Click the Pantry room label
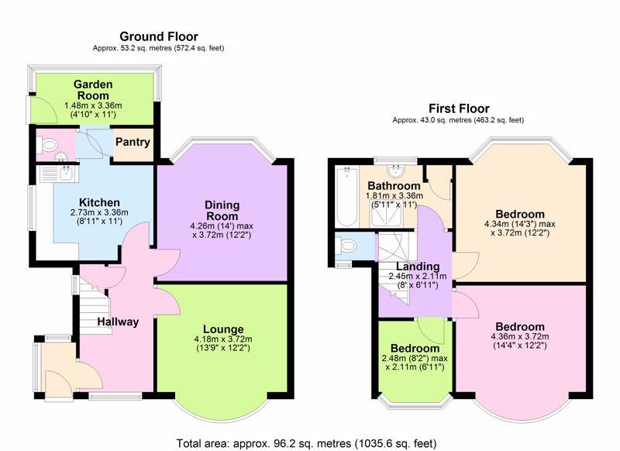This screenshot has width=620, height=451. [133, 142]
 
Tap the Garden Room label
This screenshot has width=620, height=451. [93, 90]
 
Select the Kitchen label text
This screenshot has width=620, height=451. [99, 202]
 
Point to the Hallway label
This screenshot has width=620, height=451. [118, 322]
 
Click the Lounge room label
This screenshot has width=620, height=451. [223, 329]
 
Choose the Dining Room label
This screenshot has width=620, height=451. [222, 211]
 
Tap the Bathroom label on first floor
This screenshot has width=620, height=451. [394, 185]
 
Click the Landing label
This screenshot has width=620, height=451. [418, 267]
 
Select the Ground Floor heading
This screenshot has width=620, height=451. [159, 36]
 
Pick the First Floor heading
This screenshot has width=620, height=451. [459, 108]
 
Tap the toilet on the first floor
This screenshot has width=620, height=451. [346, 246]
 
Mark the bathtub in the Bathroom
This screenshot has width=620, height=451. [346, 197]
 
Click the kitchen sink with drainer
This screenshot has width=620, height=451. [59, 174]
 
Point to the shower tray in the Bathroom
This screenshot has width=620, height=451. [386, 213]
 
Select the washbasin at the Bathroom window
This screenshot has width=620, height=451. [395, 170]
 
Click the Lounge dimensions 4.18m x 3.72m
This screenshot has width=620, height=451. [223, 339]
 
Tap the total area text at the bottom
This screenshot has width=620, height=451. [306, 443]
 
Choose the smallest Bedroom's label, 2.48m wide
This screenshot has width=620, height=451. [415, 357]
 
